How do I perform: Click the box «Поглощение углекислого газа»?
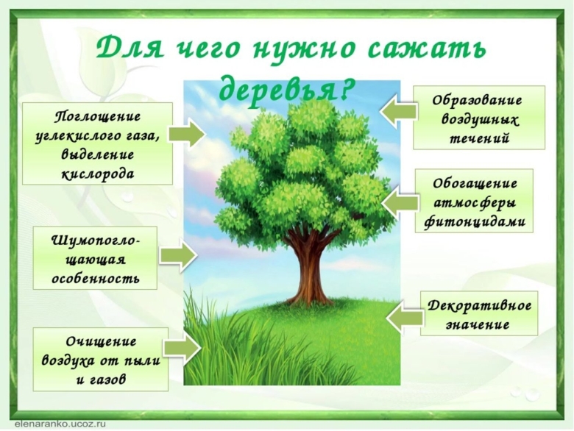(x=97, y=143)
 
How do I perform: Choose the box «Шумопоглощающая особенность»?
(x=95, y=257)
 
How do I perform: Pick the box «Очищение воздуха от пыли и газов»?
(x=101, y=359)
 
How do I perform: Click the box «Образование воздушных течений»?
(x=479, y=118)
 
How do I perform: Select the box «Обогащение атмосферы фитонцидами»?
(x=480, y=201)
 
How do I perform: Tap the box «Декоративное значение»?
(x=479, y=313)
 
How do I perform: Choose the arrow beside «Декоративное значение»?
(x=404, y=316)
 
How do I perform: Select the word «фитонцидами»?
(x=480, y=221)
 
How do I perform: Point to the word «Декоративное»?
(x=479, y=304)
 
